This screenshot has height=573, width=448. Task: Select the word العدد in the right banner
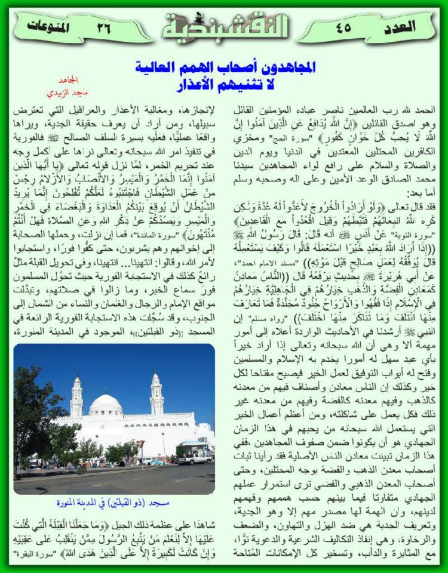(400, 26)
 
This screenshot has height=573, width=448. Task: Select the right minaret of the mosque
(157, 394)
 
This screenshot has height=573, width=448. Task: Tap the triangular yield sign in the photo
(141, 444)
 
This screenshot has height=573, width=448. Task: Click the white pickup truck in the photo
(195, 458)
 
